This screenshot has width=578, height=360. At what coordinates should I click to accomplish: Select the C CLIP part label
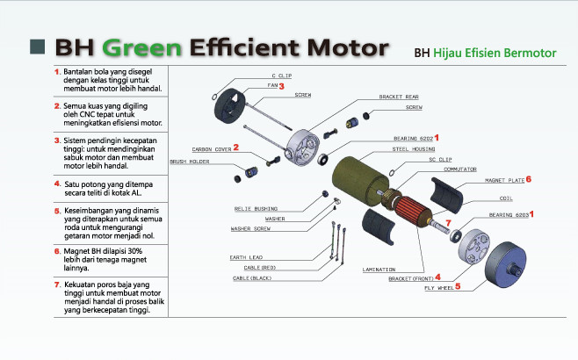click(x=281, y=76)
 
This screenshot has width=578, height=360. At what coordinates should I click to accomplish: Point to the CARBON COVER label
click(x=211, y=150)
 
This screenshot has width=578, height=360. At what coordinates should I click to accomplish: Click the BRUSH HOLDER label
click(x=189, y=162)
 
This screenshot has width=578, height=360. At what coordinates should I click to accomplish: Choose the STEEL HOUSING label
click(x=412, y=149)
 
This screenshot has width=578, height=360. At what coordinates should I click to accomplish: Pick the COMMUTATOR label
click(x=459, y=169)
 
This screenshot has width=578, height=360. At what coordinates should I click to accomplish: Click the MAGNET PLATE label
click(x=502, y=180)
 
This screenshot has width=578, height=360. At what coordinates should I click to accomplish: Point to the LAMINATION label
click(x=379, y=269)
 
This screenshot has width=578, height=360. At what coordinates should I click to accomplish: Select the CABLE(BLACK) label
click(x=252, y=277)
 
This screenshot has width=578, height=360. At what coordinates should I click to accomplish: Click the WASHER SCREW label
click(x=250, y=228)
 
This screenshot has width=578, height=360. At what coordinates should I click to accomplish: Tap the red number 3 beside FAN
click(x=282, y=87)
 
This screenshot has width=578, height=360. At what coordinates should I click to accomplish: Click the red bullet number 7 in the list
click(x=57, y=284)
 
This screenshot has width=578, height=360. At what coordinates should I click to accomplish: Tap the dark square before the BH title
click(x=36, y=45)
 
